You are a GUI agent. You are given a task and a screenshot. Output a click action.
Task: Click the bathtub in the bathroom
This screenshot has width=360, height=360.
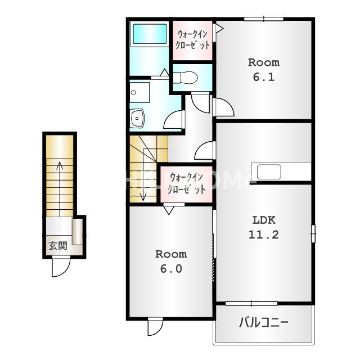tap(150, 34)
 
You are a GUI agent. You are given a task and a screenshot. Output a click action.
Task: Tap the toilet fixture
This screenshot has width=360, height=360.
tap(185, 78)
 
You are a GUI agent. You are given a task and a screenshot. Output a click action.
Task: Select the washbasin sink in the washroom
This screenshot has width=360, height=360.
tap(137, 118)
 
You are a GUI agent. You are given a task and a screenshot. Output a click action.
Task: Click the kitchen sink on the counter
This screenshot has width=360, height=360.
tap(269, 172)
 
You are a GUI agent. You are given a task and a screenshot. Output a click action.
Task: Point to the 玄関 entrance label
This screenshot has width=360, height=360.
tap(57, 246)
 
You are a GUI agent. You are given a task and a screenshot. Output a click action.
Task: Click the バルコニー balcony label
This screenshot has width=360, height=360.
tap(264, 322)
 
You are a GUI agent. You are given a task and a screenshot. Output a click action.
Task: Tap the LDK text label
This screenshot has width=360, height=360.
tap(264, 220)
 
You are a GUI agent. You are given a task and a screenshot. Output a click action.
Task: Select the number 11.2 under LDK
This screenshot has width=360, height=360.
tap(264, 235)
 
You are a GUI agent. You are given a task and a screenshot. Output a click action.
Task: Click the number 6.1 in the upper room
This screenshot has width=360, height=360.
tap(264, 77)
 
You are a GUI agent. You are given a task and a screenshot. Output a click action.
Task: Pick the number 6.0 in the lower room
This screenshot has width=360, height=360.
tap(171, 269)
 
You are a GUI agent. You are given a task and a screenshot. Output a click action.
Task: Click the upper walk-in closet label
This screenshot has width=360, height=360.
tap(192, 40)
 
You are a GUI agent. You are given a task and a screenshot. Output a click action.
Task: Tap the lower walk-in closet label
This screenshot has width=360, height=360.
tap(186, 184)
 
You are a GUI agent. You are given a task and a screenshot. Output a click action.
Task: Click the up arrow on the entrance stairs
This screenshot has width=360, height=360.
tap(60, 189)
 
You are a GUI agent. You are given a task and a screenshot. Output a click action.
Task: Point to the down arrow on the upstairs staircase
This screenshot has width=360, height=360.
tap(143, 174)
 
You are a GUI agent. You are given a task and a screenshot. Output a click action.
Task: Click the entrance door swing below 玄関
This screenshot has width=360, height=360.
tap(60, 268)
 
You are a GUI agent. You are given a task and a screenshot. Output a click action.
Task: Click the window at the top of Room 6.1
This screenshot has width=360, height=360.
tap(264, 19)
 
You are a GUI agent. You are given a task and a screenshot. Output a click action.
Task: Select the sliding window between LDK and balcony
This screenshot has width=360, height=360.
tap(251, 304)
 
